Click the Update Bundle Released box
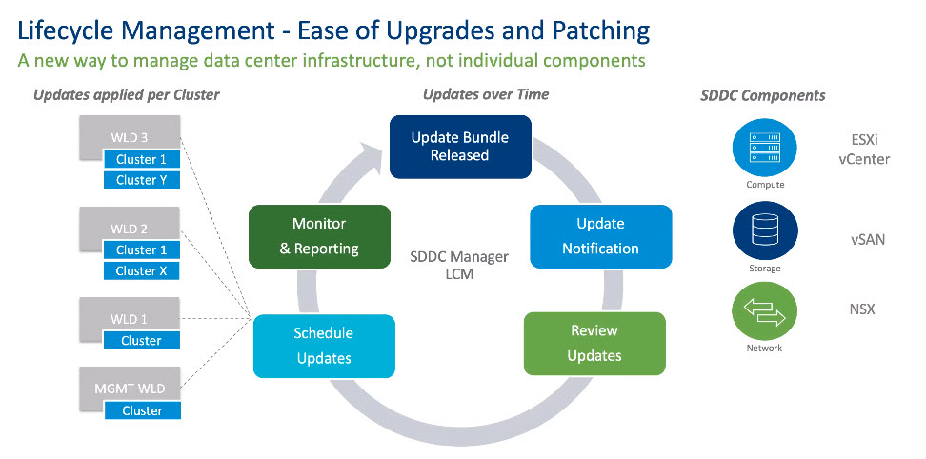(x=459, y=147)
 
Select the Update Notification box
(x=600, y=236)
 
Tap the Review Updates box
(x=594, y=344)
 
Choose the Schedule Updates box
(x=323, y=346)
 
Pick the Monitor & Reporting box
(x=319, y=236)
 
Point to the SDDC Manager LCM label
(x=459, y=266)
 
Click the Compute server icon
(x=764, y=147)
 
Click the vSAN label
(x=868, y=239)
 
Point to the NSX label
(x=863, y=309)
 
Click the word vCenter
(x=864, y=159)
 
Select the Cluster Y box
(x=142, y=180)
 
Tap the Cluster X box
(x=142, y=270)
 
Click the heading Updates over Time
(x=486, y=94)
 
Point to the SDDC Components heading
(x=762, y=95)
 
